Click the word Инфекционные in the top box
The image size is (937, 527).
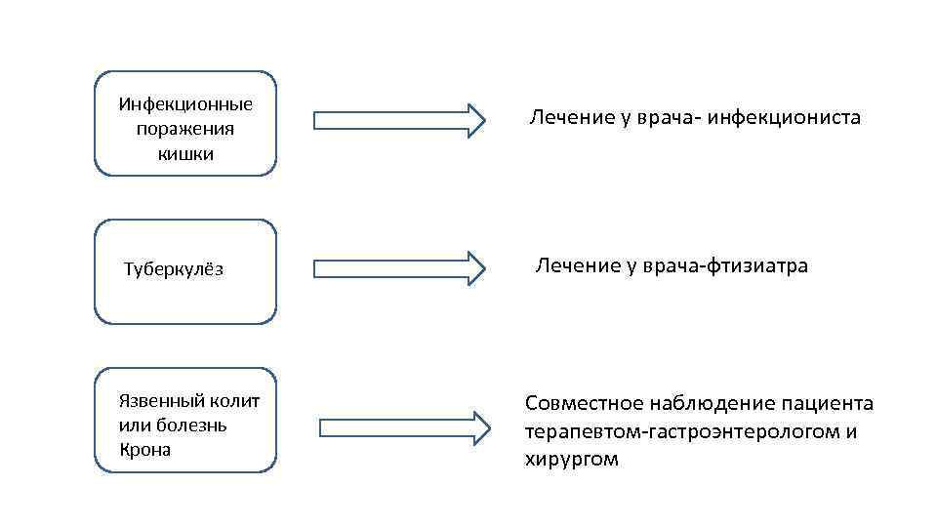[x=185, y=104]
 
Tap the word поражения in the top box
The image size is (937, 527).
[x=185, y=129]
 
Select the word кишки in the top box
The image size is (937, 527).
[x=185, y=153]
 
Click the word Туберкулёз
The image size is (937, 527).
[x=173, y=269]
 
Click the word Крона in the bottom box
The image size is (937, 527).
[x=144, y=450]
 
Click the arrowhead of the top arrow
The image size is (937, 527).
[x=475, y=120]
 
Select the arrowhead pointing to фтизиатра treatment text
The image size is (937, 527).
[x=475, y=268]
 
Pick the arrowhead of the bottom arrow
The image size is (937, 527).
[x=480, y=427]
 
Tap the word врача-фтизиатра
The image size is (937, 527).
[x=721, y=265]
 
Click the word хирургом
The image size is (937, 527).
[x=571, y=459]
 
